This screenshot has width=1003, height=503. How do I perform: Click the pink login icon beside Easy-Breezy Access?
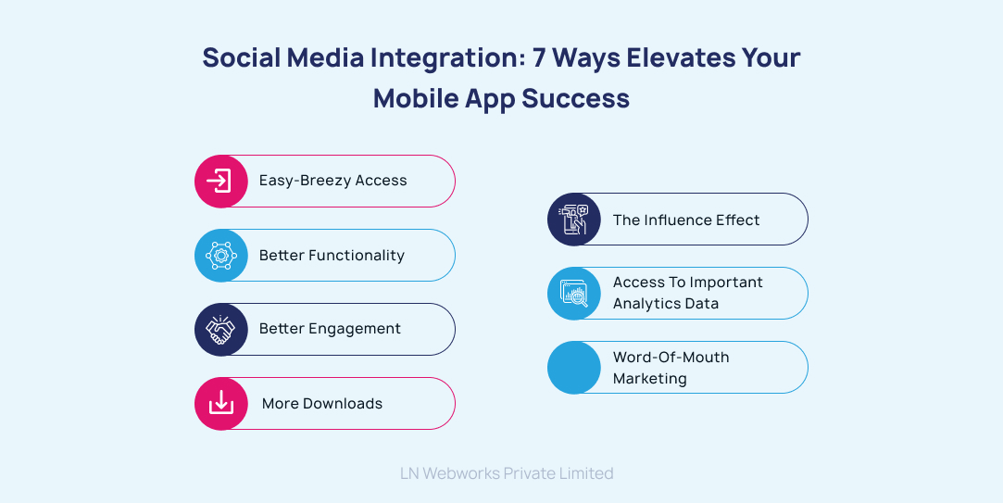(220, 181)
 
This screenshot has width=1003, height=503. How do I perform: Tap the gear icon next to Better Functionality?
(220, 255)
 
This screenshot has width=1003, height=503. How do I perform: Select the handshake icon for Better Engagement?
(220, 329)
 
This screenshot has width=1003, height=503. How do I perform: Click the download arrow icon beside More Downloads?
(220, 403)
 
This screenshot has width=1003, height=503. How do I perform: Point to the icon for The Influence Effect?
(574, 220)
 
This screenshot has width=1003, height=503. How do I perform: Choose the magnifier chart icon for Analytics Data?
(574, 294)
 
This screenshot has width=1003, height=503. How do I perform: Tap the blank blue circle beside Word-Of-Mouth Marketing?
(574, 368)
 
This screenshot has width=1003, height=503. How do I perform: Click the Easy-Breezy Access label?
(332, 181)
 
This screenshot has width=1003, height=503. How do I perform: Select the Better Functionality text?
(332, 255)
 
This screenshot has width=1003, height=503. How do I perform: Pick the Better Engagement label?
(330, 329)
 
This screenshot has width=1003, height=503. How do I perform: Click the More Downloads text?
(322, 403)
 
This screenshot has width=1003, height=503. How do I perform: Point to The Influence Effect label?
(686, 220)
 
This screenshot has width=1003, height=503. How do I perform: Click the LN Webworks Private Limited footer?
(507, 473)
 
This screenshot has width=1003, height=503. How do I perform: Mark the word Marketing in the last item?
(650, 379)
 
